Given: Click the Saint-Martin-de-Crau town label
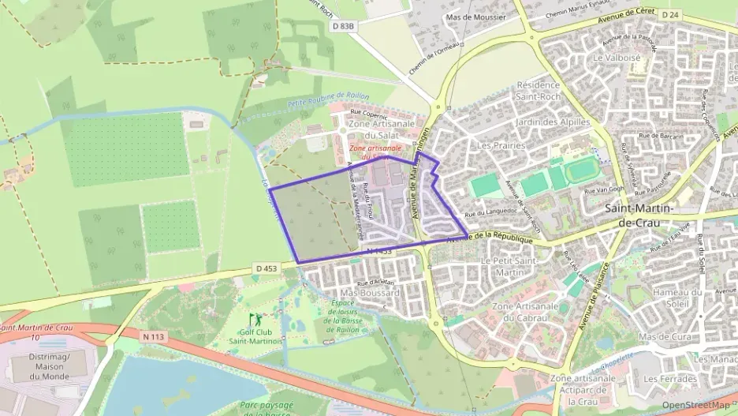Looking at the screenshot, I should pyautogui.click(x=639, y=215).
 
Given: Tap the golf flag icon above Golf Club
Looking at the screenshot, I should pyautogui.click(x=254, y=320).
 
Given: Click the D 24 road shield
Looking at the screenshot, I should pyautogui.click(x=669, y=15).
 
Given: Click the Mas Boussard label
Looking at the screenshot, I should pyautogui.click(x=370, y=293).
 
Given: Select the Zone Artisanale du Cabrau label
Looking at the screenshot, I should pyautogui.click(x=524, y=312).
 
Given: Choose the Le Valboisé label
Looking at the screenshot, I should pyautogui.click(x=617, y=58).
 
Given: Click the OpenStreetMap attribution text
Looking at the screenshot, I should pyautogui.click(x=695, y=405).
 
